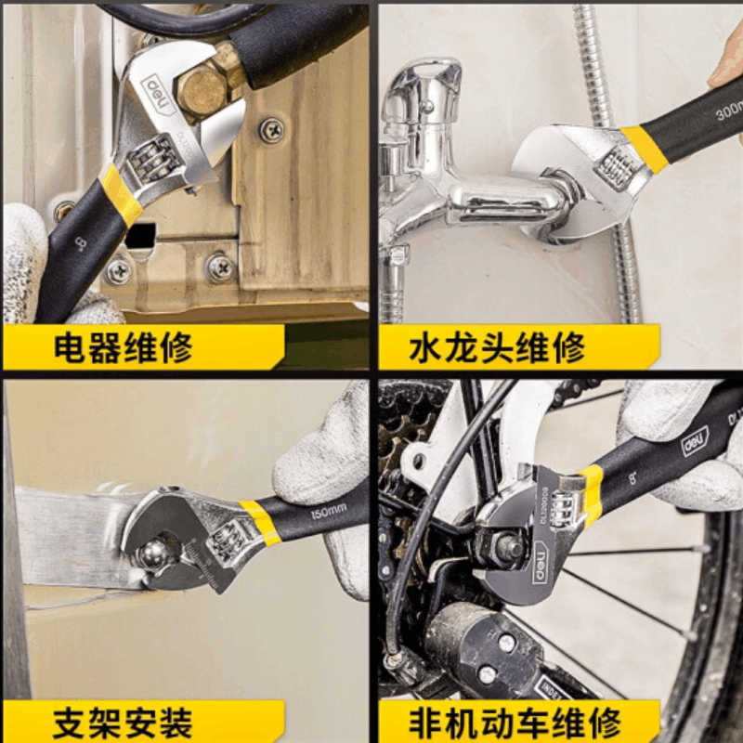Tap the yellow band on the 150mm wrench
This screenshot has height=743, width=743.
260,521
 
